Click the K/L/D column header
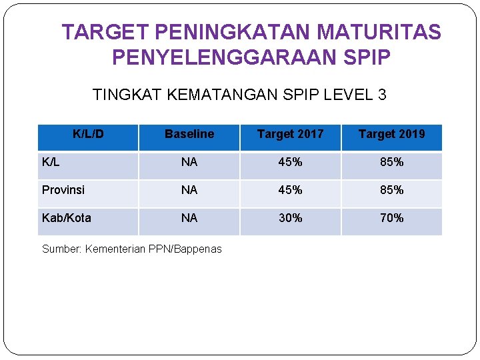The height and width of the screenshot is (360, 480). coord(88,134)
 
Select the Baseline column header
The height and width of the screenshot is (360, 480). coord(189,134)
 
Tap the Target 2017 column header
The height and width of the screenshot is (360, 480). coord(290,134)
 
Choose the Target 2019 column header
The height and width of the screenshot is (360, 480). coord(391,134)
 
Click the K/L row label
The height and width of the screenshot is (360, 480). coord(51,162)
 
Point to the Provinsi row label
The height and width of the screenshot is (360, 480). coord(63,190)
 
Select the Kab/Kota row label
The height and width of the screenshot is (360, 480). coord(67,218)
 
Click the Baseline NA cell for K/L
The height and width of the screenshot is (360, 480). coord(189,162)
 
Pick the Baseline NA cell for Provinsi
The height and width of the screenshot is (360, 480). coord(189,190)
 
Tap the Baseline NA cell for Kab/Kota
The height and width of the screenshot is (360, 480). coord(189,218)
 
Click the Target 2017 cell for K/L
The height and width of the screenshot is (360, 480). coord(290,162)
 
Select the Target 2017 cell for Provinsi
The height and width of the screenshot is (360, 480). coord(290,190)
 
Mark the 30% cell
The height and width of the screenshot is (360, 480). coord(290,218)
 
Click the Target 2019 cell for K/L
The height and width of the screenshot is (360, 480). coord(391,162)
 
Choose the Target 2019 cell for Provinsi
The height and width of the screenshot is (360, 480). coord(391,190)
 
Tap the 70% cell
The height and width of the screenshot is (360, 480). coord(391,218)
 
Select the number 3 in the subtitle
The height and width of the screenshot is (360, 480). coord(381,95)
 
